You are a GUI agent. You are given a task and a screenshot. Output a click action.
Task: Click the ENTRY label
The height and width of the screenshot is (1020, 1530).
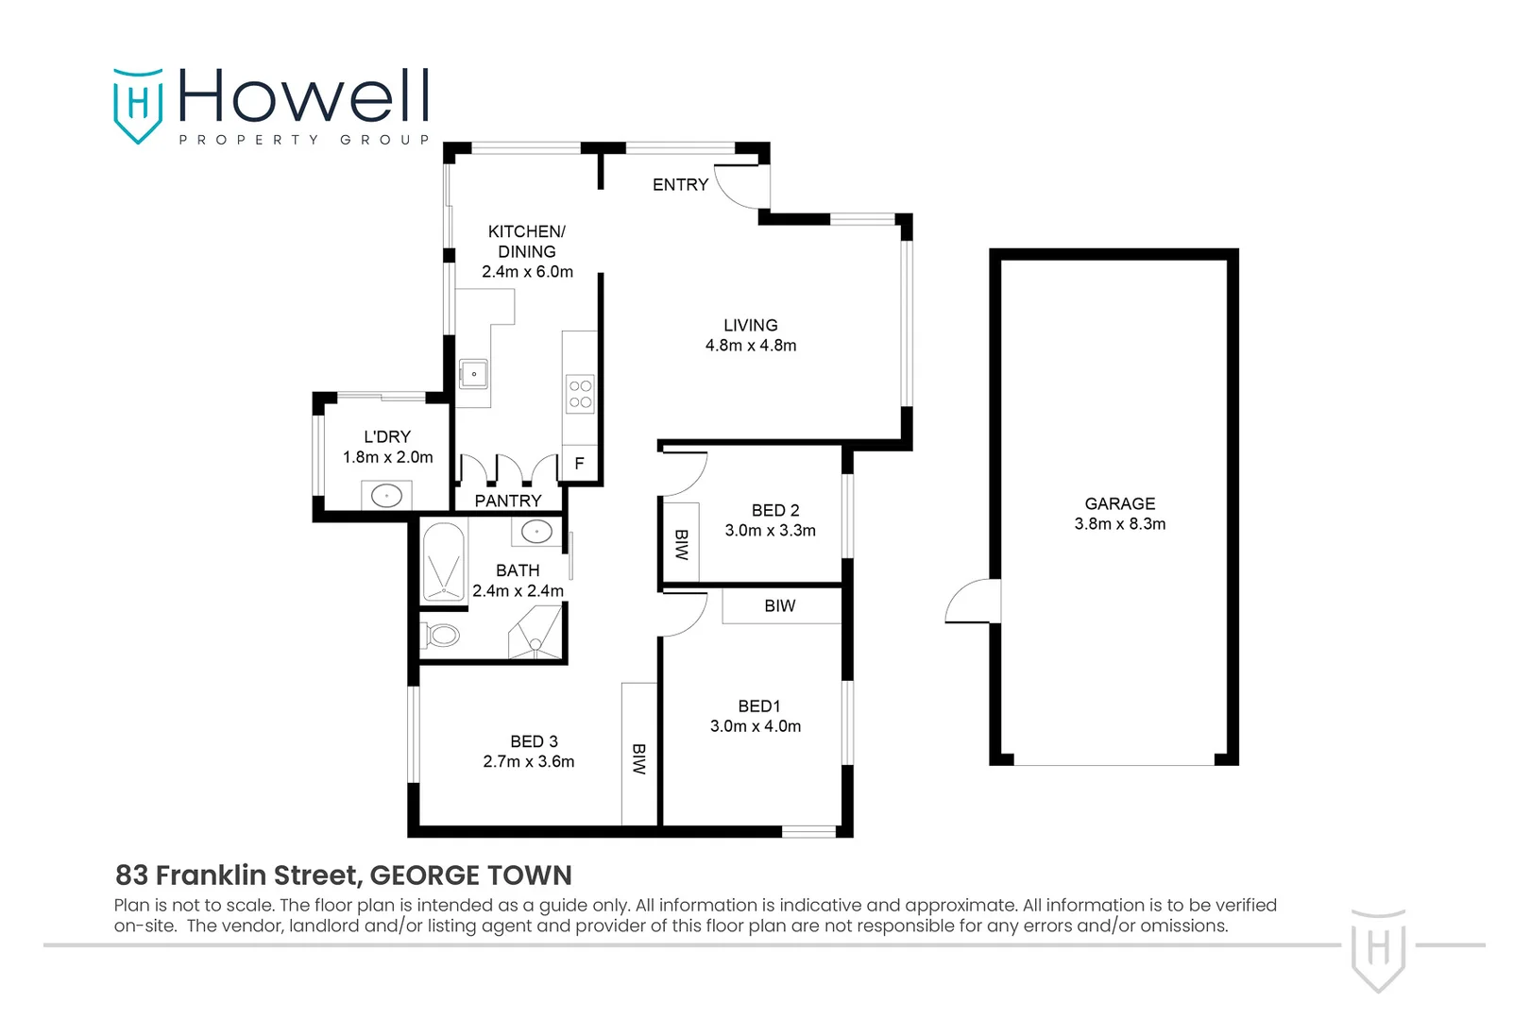680,185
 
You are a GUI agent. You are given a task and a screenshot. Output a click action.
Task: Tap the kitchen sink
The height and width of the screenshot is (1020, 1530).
473,374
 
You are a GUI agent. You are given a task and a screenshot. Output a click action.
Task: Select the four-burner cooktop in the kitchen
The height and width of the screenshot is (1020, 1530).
580,394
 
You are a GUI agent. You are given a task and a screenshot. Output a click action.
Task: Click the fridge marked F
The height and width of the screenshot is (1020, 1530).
579,464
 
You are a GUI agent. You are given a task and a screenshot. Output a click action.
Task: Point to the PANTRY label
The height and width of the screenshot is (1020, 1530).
508,501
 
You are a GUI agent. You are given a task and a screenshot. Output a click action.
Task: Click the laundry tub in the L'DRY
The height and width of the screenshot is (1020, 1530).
386,495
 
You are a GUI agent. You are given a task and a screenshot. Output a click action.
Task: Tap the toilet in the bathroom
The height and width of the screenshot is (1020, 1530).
440,634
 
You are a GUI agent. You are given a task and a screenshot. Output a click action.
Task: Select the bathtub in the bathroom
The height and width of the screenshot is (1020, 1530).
443,563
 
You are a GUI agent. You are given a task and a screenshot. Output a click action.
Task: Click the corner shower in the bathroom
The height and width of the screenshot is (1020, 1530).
536,634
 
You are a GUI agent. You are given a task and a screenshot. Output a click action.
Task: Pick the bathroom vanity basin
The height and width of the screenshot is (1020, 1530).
536,532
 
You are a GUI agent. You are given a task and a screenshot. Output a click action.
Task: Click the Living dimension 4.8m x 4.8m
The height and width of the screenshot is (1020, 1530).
751,346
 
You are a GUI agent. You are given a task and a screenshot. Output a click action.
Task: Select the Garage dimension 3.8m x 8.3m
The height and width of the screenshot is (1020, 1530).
1120,524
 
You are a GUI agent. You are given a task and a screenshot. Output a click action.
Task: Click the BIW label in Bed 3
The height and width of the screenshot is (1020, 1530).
639,758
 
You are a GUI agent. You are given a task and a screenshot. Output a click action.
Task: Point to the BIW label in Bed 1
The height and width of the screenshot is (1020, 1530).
780,606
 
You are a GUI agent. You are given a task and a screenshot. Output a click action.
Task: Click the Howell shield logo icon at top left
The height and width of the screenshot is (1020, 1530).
138,104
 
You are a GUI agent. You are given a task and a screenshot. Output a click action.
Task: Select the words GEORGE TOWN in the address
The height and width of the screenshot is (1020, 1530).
470,875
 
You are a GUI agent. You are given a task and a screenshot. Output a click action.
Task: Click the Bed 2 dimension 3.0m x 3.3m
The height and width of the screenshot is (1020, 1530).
771,531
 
